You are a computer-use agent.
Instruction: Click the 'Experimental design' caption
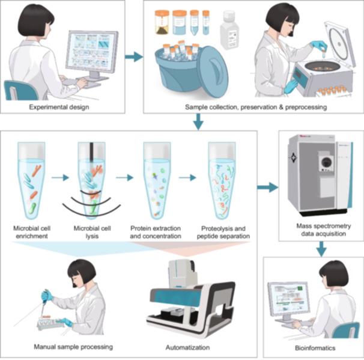(59, 107)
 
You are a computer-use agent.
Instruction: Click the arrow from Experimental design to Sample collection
(134, 56)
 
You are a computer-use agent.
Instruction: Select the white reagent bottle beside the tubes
(229, 30)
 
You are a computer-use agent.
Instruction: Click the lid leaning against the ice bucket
(213, 72)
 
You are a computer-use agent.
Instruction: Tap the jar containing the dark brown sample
(162, 22)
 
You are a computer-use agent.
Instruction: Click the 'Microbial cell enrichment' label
(32, 232)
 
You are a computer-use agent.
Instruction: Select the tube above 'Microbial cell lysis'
(91, 181)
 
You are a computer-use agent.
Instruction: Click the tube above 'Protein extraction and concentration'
(157, 181)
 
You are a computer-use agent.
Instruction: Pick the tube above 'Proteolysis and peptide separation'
(222, 181)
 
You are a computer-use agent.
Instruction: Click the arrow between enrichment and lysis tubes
(60, 178)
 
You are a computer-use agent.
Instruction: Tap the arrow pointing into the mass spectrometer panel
(268, 187)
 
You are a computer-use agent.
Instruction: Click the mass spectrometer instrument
(321, 175)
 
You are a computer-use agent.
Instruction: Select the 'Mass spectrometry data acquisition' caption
(323, 230)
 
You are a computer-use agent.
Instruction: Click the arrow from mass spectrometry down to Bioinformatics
(321, 249)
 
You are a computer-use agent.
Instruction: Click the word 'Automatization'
(187, 347)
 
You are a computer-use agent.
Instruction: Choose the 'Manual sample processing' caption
(73, 347)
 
